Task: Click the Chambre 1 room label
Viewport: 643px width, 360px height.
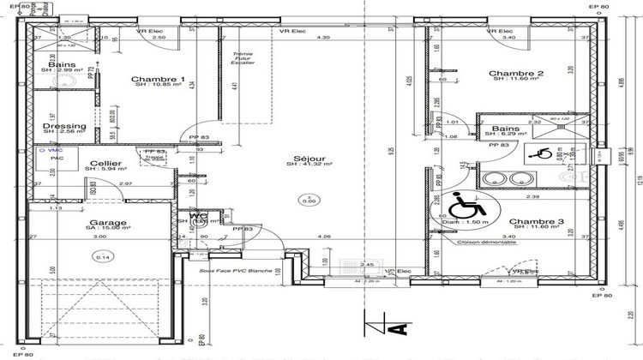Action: coord(159,80)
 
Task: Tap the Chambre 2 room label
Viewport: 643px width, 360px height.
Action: coord(517,75)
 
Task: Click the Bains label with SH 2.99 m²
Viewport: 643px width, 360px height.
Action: coord(62,65)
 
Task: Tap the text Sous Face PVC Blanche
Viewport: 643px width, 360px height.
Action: coord(237,271)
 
